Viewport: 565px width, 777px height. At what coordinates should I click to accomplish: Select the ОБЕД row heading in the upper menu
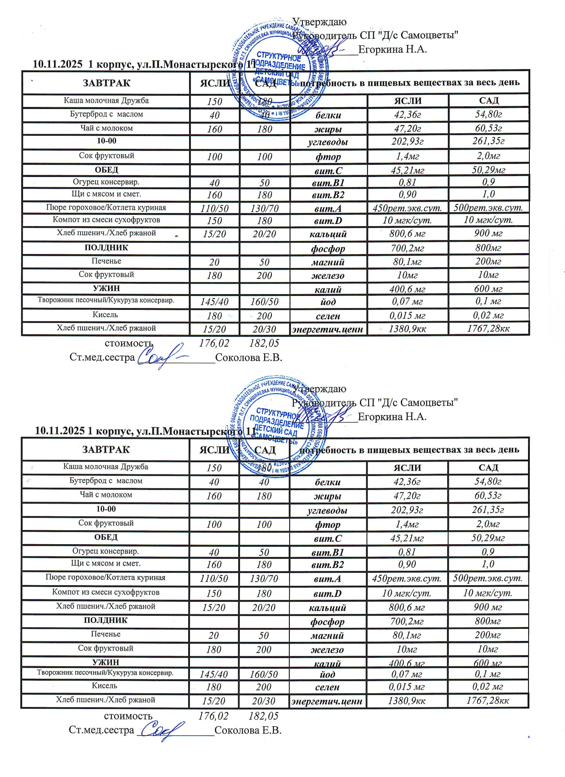click(106, 170)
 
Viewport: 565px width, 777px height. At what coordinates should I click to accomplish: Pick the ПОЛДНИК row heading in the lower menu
click(106, 620)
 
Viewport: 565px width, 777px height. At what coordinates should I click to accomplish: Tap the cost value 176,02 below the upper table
click(214, 343)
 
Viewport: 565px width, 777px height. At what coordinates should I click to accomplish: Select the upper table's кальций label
click(328, 234)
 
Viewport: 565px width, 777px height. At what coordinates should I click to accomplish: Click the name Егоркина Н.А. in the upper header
click(392, 49)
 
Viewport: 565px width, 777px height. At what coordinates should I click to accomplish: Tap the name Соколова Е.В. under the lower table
click(248, 730)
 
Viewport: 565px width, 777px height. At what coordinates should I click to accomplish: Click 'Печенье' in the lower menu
click(106, 634)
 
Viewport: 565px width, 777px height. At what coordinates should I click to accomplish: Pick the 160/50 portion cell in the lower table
click(264, 674)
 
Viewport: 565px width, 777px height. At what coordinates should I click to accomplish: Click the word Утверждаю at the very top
click(320, 22)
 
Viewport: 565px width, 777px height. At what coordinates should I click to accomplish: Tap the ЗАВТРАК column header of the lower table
click(106, 450)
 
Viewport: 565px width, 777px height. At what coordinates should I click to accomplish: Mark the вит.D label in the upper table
click(328, 221)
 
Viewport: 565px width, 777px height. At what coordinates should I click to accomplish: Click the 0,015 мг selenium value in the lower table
click(407, 687)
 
